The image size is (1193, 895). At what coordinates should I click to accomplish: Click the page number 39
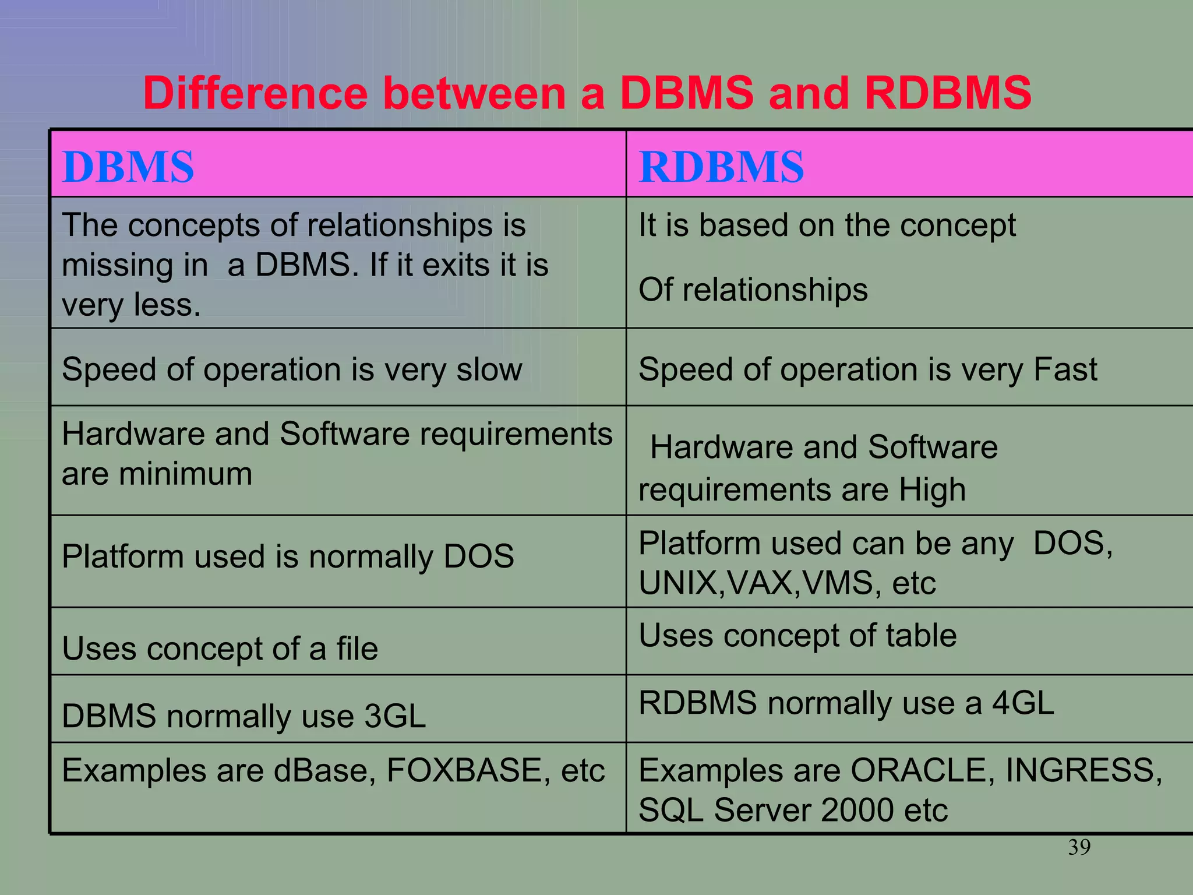pyautogui.click(x=1079, y=847)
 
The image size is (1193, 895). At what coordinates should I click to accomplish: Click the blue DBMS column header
pyautogui.click(x=128, y=167)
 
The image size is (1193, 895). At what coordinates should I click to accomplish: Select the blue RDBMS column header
pyautogui.click(x=721, y=167)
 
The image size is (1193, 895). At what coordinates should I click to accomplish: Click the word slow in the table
pyautogui.click(x=489, y=369)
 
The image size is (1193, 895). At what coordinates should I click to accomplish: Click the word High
pyautogui.click(x=932, y=489)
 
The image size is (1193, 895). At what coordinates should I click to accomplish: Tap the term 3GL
pyautogui.click(x=395, y=716)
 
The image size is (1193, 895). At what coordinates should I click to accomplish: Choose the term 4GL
pyautogui.click(x=1023, y=703)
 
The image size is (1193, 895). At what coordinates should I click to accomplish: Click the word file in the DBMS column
pyautogui.click(x=357, y=649)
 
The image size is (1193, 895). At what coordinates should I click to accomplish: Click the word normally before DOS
pyautogui.click(x=370, y=556)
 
